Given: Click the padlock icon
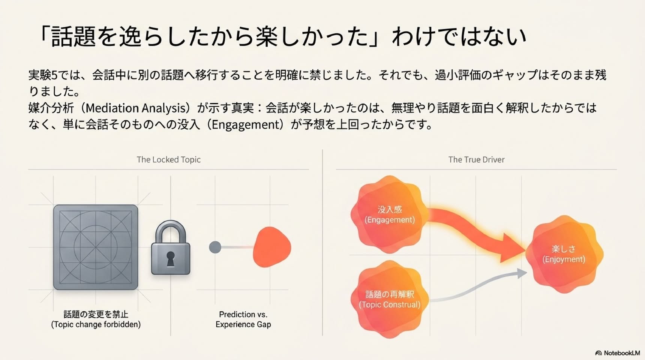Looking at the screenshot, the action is pos(171,247).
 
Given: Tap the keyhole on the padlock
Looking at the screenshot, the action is pos(171,258).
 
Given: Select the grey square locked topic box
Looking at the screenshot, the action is pos(96,247).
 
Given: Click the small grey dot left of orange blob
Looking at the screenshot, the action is pos(215,247).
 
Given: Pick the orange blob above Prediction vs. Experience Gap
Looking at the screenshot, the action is pos(272,247).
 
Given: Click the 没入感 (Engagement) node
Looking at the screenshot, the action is pos(390,214).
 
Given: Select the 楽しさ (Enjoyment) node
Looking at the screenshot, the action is pos(564,254).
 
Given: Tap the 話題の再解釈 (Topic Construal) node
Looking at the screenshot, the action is pos(390,299).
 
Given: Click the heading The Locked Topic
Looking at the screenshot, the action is pos(169,160).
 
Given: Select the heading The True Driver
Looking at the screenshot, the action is pos(476,160).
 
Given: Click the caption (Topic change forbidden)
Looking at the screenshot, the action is pos(96,324).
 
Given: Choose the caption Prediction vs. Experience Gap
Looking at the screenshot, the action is pos(243,319).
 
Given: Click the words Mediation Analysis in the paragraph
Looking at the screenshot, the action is pos(136,108).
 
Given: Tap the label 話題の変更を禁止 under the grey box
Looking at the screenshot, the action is pos(96,314).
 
